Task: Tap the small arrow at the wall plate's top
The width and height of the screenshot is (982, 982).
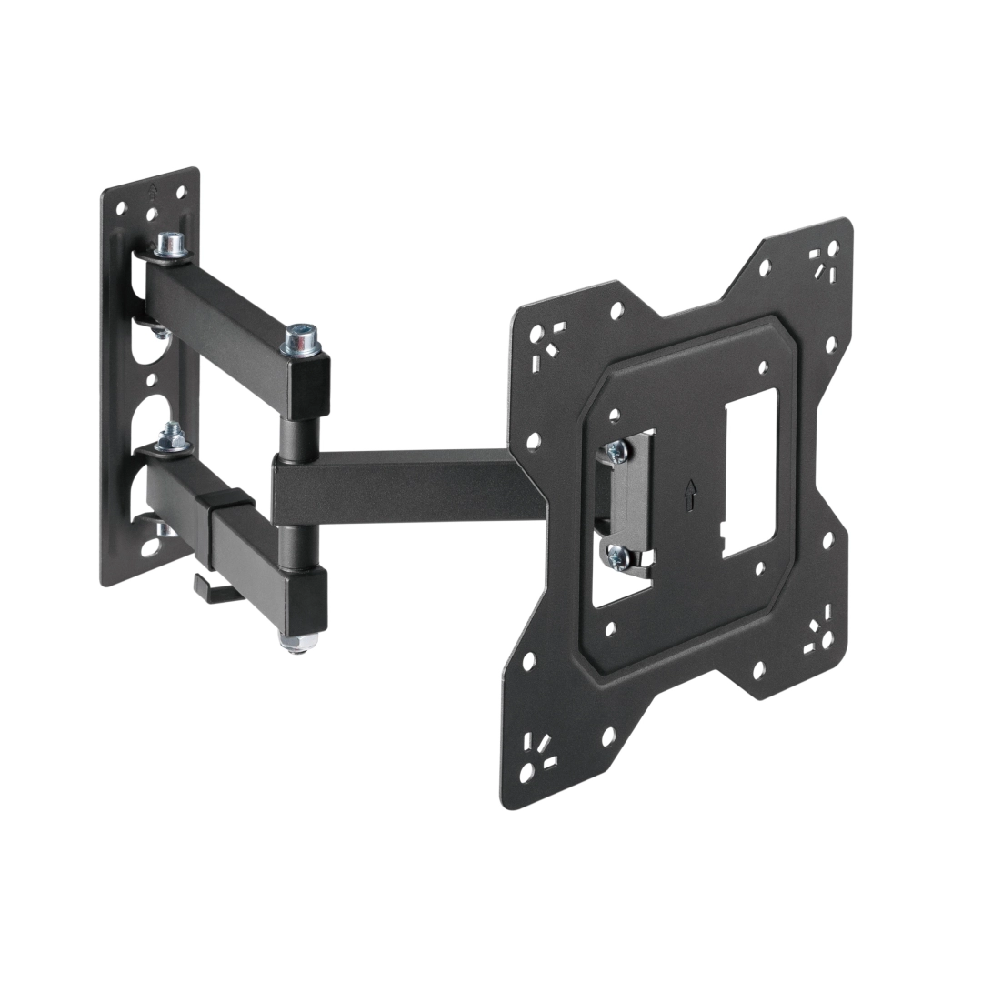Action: pyautogui.click(x=153, y=191)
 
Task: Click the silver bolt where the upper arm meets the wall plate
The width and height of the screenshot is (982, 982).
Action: pyautogui.click(x=167, y=245)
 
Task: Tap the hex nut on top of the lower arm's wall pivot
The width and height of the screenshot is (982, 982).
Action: pyautogui.click(x=168, y=443)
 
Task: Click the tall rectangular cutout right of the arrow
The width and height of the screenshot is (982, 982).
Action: pyautogui.click(x=749, y=473)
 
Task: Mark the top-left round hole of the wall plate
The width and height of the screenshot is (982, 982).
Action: pyautogui.click(x=120, y=207)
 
